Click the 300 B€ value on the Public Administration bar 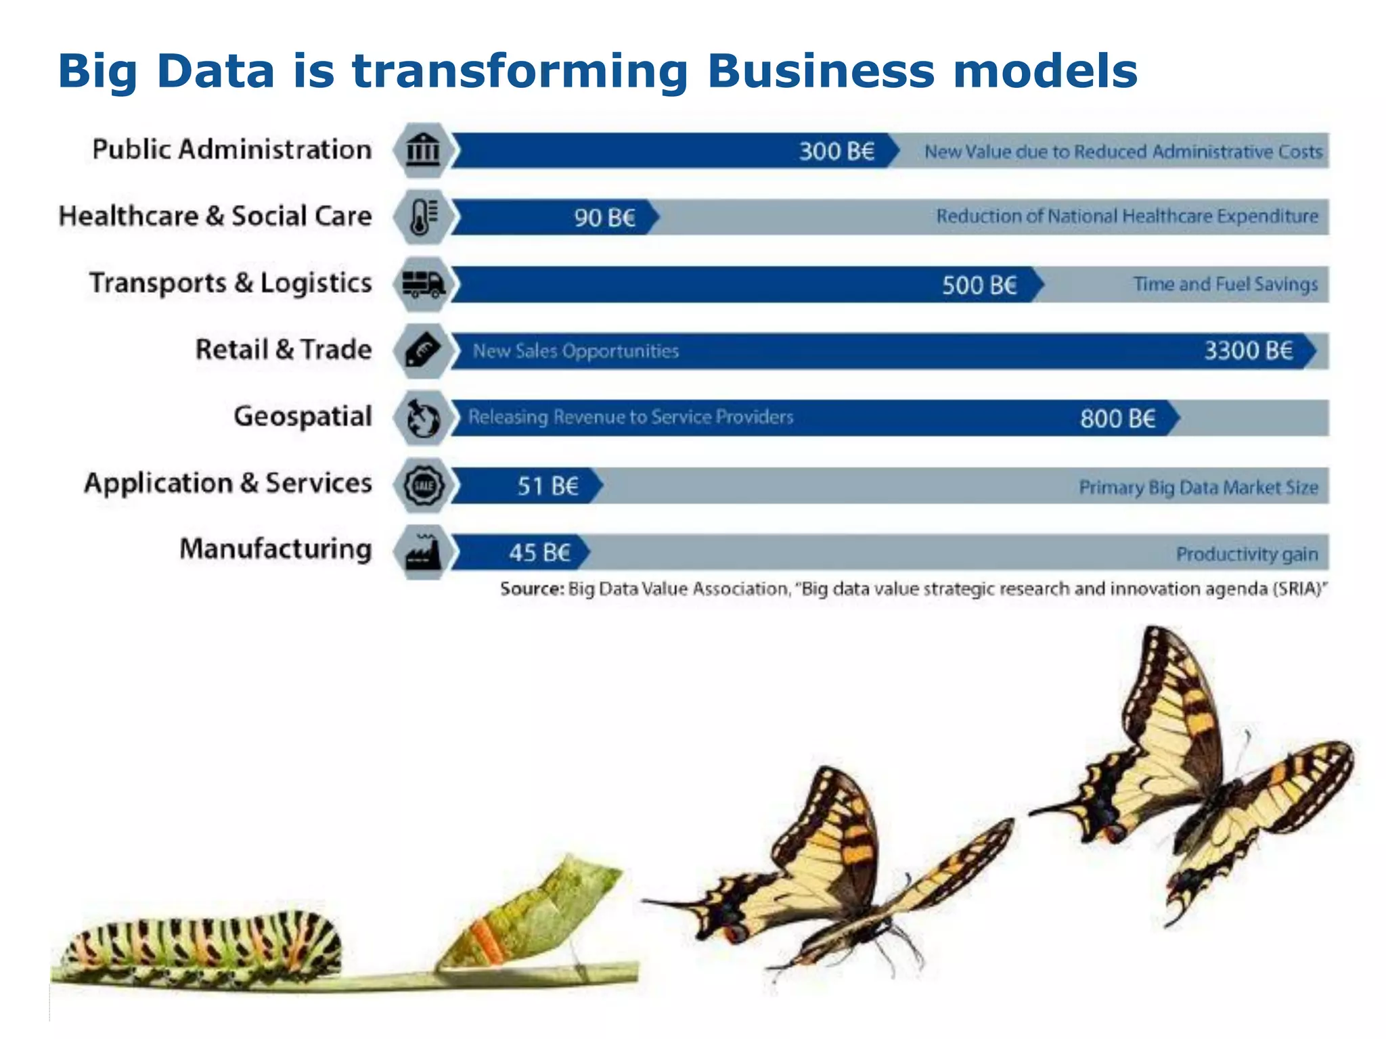coord(836,151)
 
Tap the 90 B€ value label coord(605,218)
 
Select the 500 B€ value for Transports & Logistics coord(979,285)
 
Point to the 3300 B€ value coord(1248,350)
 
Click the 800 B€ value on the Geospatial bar coord(1117,418)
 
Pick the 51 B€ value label coord(548,486)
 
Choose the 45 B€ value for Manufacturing coord(539,553)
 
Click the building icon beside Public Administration coord(423,149)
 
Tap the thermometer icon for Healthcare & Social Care coord(423,217)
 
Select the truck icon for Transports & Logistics coord(423,284)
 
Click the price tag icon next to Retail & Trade coord(423,350)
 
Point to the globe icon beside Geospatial coord(423,418)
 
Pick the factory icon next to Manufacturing coord(423,552)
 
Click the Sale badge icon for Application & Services coord(423,485)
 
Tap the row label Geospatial coord(303,416)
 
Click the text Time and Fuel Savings coord(1226,284)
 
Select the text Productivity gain coord(1247,554)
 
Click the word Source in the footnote coord(531,589)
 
